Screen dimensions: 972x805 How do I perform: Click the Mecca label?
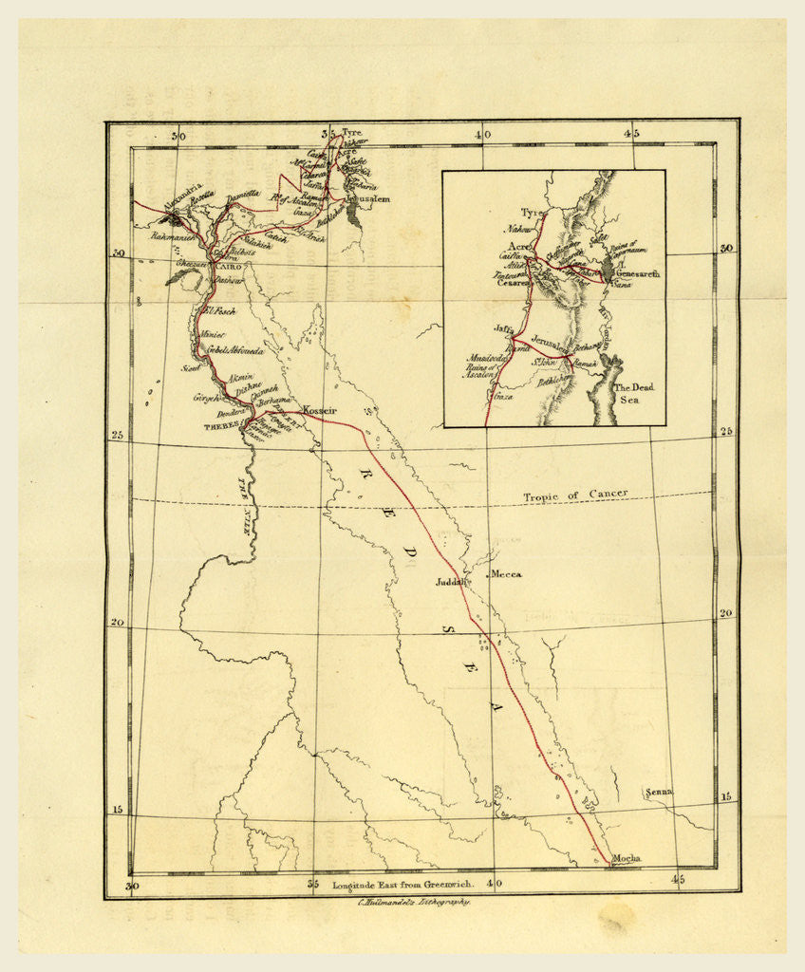coord(506,574)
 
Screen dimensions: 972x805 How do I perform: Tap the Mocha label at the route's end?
coord(627,858)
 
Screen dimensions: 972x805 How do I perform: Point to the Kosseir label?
coord(320,410)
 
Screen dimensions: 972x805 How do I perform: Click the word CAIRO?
coord(230,268)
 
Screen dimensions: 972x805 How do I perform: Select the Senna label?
coord(657,792)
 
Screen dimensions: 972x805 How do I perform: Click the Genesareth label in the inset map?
coord(636,273)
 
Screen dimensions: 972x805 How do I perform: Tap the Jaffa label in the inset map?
coord(504,328)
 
